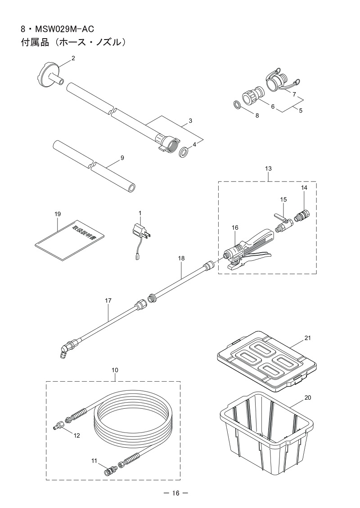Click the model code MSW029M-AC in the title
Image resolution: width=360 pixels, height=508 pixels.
[x=62, y=30]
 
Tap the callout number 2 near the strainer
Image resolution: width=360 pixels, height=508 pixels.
[x=73, y=58]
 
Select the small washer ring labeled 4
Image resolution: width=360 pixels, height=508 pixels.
[x=184, y=152]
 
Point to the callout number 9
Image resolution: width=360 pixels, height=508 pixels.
[x=122, y=158]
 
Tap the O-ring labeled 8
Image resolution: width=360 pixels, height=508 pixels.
[x=237, y=105]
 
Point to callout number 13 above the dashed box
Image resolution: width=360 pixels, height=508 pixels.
[x=268, y=168]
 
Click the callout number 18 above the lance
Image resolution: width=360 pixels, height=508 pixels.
[x=181, y=258]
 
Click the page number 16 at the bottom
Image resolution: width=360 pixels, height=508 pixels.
[x=175, y=493]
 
